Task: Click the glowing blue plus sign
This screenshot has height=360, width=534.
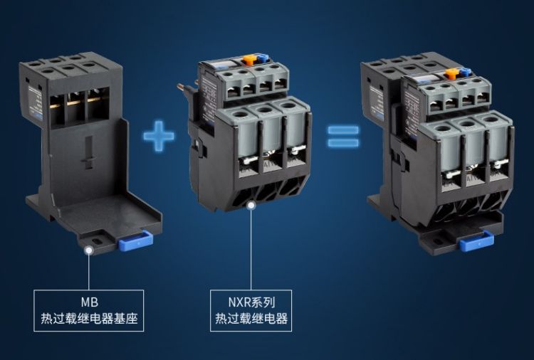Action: (159, 136)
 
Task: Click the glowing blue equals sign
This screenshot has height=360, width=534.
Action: (343, 137)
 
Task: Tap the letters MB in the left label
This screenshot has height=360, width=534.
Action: (89, 302)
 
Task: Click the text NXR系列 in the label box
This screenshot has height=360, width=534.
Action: (251, 302)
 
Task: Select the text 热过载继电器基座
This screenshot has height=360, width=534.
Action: (89, 319)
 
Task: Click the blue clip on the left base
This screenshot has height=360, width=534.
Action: (136, 241)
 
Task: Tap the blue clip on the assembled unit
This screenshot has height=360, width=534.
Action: (476, 241)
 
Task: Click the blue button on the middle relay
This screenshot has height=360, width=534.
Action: (262, 57)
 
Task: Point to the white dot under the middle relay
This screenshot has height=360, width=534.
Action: (251, 206)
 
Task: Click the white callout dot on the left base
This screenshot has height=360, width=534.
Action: (89, 250)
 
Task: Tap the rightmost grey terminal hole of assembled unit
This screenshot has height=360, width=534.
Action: (491, 120)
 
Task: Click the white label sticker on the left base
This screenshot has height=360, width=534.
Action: (35, 101)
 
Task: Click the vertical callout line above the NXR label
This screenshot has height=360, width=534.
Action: (251, 250)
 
